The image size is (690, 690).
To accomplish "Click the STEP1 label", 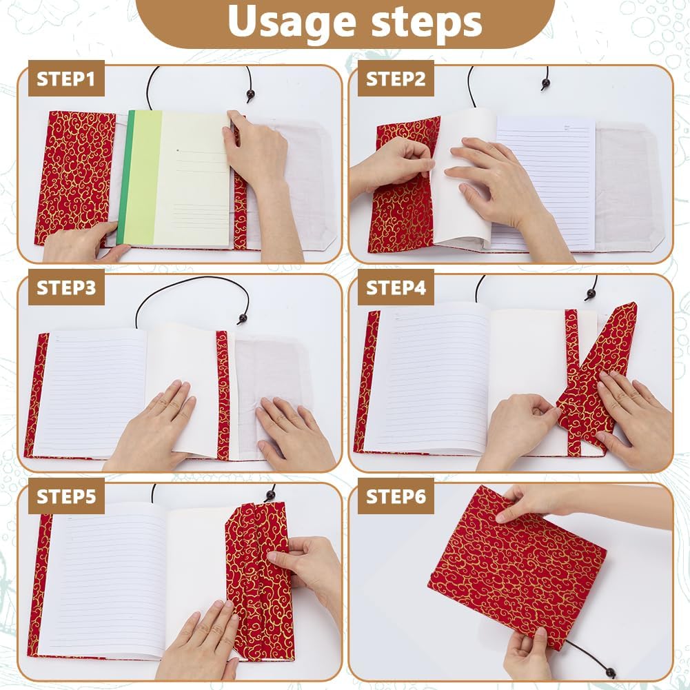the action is pos(66,79).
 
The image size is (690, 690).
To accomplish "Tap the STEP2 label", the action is pos(396,79).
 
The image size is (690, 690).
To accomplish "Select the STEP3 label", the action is pos(66,288).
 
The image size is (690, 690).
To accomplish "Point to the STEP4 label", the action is pos(396,288).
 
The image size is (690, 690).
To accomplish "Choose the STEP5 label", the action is pos(66,496).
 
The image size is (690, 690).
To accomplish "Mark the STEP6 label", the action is pos(396,496).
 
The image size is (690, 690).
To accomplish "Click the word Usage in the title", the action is pos(292,23).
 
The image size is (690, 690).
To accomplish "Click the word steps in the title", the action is pos(427,22).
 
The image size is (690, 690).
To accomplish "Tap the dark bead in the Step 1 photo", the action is pos(250,94).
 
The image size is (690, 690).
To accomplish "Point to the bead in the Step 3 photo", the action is pos(242,318).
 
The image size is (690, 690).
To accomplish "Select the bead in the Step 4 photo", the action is pos(591,294).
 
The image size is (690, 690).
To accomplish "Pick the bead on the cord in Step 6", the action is pos(610,672).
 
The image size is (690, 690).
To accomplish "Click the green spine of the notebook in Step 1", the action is pos(125,179).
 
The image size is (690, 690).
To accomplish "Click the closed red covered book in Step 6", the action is pos(517,569).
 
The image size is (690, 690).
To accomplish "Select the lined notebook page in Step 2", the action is pos(546,183).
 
